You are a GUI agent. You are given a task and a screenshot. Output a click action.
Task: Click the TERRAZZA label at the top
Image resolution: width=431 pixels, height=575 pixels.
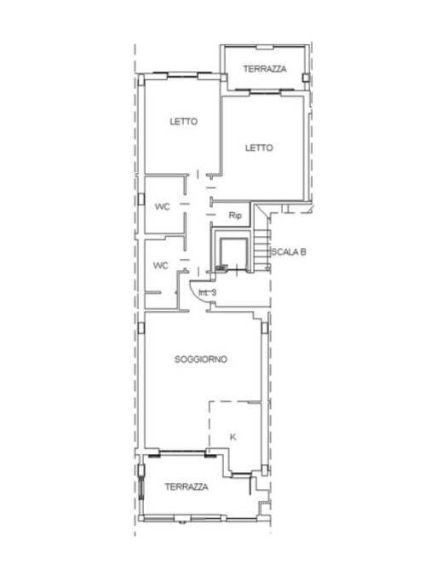click(x=264, y=68)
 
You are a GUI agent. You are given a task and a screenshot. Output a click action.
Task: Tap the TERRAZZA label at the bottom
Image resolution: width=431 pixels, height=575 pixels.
click(x=187, y=486)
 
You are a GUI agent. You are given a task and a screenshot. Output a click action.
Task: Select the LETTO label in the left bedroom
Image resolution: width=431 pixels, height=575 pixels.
click(x=183, y=122)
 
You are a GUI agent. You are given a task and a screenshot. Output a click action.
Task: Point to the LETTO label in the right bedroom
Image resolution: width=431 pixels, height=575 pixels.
click(x=259, y=147)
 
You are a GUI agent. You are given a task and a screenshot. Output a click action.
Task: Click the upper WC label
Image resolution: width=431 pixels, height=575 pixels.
click(x=162, y=206)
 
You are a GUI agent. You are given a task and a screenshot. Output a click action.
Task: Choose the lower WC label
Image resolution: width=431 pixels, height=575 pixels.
click(x=161, y=265)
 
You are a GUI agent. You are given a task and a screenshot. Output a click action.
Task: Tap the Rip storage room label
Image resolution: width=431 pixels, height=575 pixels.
click(x=235, y=216)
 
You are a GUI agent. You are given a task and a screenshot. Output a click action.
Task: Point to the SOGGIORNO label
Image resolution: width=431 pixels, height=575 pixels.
click(x=200, y=359)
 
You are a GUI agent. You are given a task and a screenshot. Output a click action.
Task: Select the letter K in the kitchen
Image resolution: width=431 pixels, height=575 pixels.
click(x=233, y=436)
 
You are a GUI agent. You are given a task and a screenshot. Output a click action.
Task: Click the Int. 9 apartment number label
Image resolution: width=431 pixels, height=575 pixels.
click(x=208, y=293)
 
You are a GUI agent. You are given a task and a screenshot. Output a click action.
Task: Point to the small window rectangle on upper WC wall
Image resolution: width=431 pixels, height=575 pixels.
click(x=141, y=198)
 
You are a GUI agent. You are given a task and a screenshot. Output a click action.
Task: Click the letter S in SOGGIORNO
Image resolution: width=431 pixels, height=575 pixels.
click(x=177, y=359)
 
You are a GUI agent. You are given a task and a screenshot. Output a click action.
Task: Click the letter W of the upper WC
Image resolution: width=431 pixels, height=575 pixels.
click(x=158, y=206)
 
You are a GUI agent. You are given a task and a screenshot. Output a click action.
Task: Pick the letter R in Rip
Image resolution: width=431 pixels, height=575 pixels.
click(x=231, y=216)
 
